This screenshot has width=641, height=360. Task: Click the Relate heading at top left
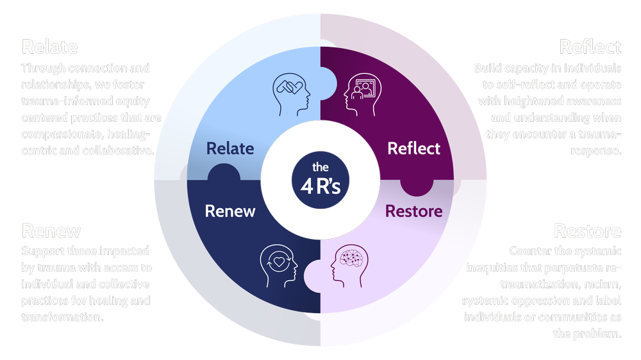pyautogui.click(x=50, y=47)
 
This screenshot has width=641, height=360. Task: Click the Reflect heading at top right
pyautogui.click(x=590, y=47)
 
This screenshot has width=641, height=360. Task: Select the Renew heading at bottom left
pyautogui.click(x=51, y=231)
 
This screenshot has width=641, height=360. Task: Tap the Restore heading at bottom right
pyautogui.click(x=587, y=231)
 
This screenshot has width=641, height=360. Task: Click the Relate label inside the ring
pyautogui.click(x=230, y=149)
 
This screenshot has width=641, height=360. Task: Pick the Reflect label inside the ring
pyautogui.click(x=414, y=149)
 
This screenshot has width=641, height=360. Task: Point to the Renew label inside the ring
pyautogui.click(x=230, y=211)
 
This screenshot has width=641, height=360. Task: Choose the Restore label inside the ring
pyautogui.click(x=413, y=211)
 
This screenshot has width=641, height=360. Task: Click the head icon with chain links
pyautogui.click(x=292, y=92)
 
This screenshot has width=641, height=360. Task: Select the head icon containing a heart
pyautogui.click(x=279, y=263)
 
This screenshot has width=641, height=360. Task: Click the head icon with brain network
pyautogui.click(x=350, y=263)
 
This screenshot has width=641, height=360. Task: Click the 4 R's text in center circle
pyautogui.click(x=320, y=184)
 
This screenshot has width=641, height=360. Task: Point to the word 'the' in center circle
pyautogui.click(x=320, y=167)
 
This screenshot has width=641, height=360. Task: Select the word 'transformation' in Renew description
pyautogui.click(x=60, y=317)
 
